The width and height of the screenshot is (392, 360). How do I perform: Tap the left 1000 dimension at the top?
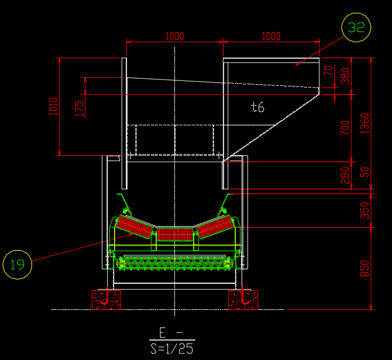174,36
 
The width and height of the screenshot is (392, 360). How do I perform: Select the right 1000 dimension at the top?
271,36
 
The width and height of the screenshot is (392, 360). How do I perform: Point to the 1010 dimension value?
54,107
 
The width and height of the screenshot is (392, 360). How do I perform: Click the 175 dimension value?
79,109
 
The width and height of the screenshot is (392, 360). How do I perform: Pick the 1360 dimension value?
365,124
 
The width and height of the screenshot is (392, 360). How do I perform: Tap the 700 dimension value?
345,128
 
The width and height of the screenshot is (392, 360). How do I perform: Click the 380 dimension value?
345,76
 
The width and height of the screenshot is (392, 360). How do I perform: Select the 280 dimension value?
345,175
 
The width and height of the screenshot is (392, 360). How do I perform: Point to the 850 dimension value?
365,268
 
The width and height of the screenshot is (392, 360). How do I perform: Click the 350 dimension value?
365,210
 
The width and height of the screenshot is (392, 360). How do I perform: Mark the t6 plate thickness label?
257,107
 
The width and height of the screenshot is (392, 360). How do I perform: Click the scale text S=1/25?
172,348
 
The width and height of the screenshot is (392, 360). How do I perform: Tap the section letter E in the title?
163,332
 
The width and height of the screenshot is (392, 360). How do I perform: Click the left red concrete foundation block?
107,300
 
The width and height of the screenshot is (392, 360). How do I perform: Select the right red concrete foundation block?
243,300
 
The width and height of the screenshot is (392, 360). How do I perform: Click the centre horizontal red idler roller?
175,235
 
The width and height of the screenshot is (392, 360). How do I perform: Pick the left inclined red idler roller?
135,227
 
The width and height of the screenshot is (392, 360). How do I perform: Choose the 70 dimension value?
329,70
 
